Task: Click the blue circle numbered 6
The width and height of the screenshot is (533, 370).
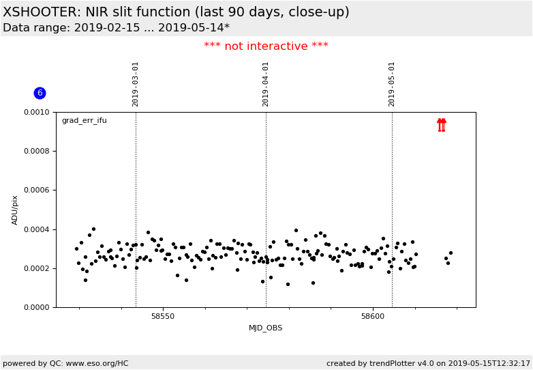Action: pos(40,93)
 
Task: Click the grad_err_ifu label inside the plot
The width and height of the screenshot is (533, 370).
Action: pos(85,121)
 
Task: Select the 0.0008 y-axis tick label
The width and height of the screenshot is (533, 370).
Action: pos(36,151)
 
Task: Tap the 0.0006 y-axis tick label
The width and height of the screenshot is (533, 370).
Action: pos(36,190)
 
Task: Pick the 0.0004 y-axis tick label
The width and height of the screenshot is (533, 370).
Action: pos(36,230)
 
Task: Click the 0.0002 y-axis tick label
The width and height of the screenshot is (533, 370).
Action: pos(36,268)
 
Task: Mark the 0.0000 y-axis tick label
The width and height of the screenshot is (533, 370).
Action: pos(36,307)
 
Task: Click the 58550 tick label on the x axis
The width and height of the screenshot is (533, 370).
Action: pos(163,316)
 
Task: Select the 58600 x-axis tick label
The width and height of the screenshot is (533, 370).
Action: pos(373,316)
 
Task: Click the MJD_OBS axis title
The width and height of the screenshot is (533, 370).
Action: pos(266,328)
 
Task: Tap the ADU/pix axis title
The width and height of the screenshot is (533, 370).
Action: pos(14,210)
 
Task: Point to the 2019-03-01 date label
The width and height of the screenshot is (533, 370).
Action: pos(135,84)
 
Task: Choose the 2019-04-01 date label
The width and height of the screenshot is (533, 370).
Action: pos(266,84)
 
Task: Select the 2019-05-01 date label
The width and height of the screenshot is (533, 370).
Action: pos(392,84)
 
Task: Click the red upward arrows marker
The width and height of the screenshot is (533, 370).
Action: pos(442,125)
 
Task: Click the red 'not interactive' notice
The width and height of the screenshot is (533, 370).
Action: pos(266,46)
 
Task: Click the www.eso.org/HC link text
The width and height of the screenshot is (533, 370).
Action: pos(97,363)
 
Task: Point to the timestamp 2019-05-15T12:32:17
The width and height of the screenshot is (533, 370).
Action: pos(489,363)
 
